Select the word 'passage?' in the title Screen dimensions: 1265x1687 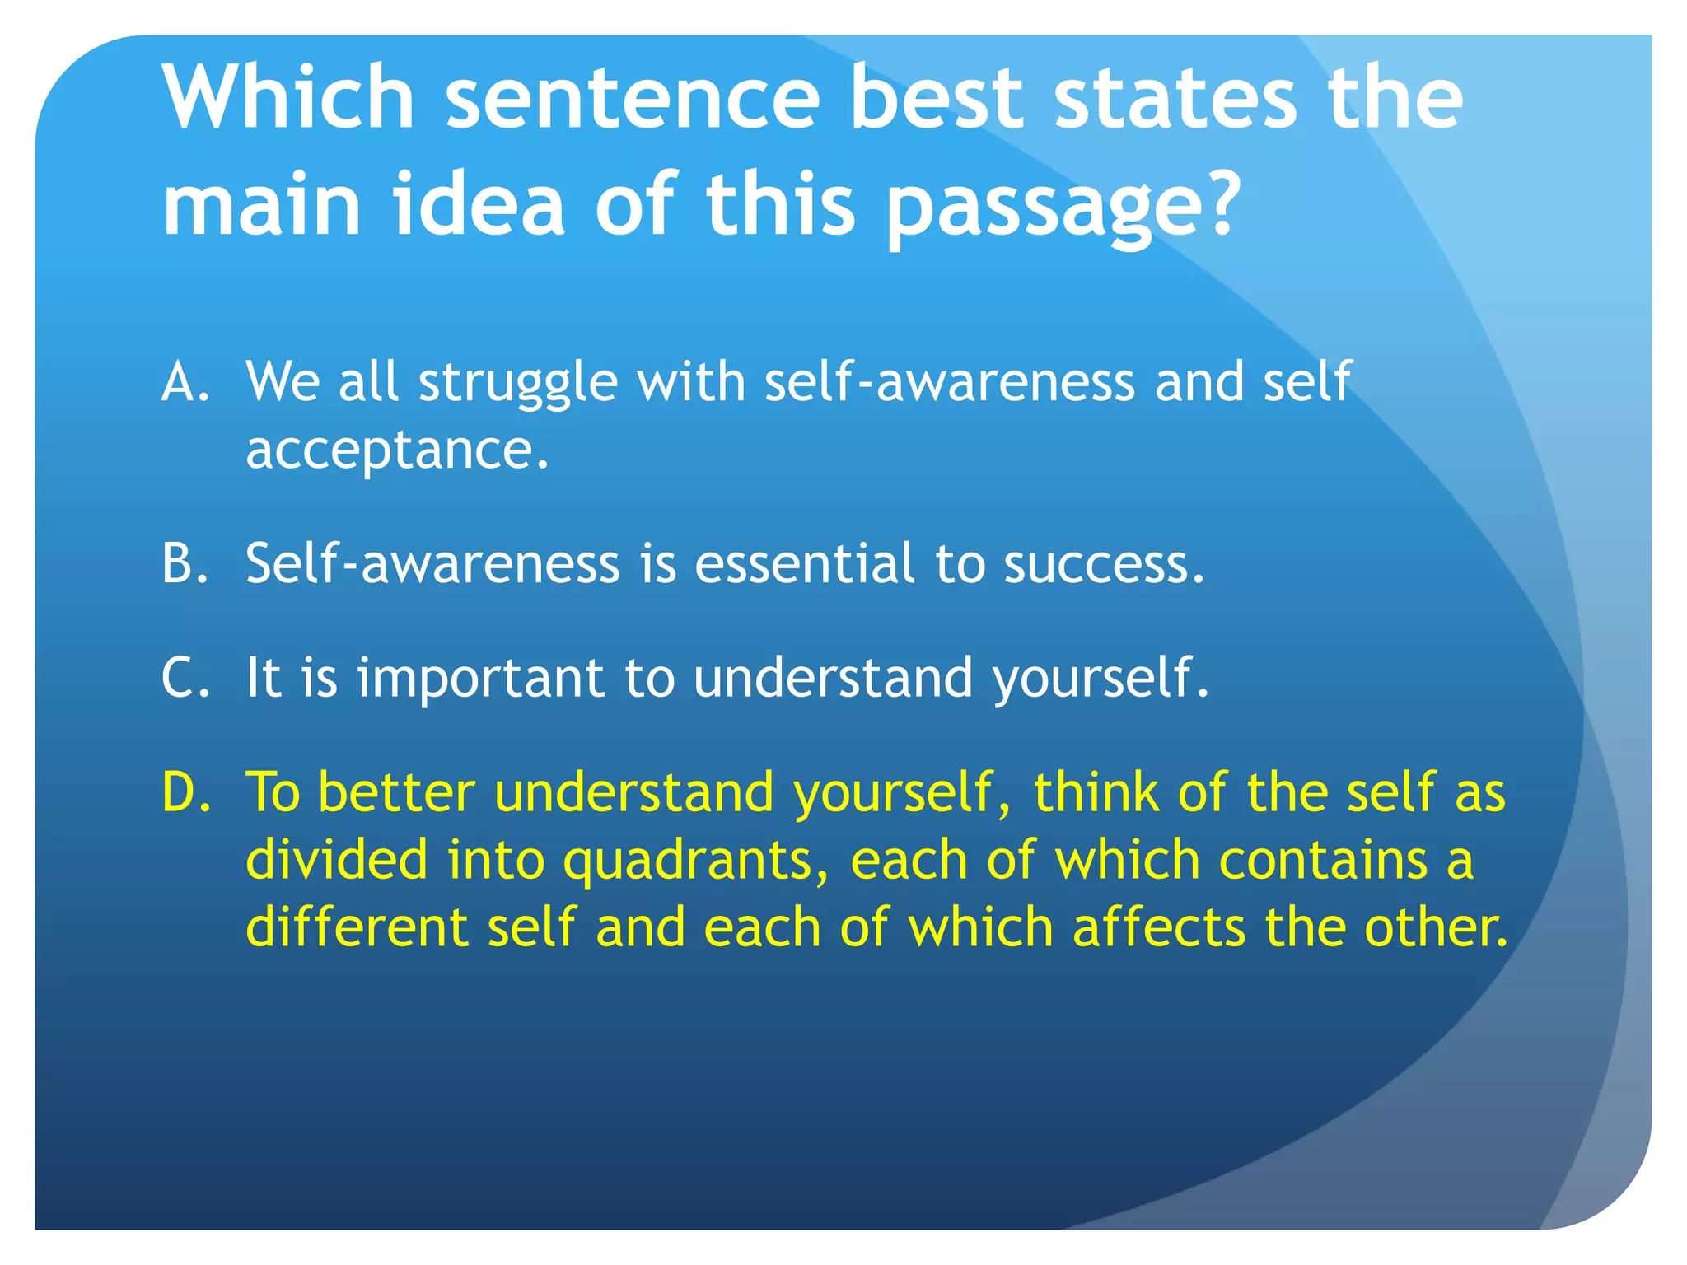1063,206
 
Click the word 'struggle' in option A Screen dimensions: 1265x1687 518,384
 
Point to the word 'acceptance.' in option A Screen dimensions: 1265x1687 397,450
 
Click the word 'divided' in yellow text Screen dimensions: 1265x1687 337,859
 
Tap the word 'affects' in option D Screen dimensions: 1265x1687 1159,927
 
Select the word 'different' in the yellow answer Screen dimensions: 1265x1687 357,927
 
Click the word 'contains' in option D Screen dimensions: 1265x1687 1322,860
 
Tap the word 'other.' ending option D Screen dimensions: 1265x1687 1435,927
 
